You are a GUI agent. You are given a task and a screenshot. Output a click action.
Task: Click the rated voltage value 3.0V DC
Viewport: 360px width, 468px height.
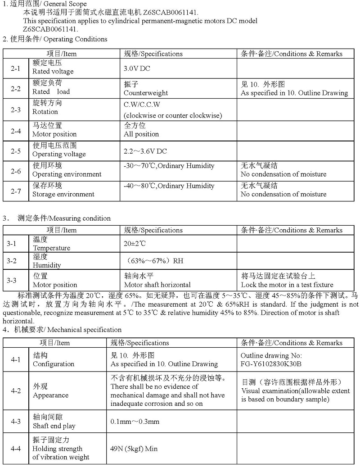pyautogui.click(x=137, y=68)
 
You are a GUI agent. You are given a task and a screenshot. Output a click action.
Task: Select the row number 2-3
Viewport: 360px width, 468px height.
pyautogui.click(x=16, y=110)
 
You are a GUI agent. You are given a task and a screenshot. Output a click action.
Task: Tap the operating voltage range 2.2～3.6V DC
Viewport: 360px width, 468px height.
pyautogui.click(x=145, y=151)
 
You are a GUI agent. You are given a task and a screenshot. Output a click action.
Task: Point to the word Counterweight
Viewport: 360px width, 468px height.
pyautogui.click(x=146, y=93)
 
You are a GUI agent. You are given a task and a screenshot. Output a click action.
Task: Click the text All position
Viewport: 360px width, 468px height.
pyautogui.click(x=141, y=134)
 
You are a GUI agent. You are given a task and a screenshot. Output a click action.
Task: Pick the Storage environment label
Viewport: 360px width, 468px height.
pyautogui.click(x=63, y=194)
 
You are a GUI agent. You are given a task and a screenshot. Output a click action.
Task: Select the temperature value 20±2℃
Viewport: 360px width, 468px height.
pyautogui.click(x=135, y=243)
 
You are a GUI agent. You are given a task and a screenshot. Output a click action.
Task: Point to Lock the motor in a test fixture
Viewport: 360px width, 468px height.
pyautogui.click(x=287, y=285)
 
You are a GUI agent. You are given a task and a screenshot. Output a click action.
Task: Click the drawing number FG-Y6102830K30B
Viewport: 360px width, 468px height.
pyautogui.click(x=271, y=363)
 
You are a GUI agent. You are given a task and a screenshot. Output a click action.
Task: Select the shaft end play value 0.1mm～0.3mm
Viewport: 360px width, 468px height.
pyautogui.click(x=135, y=422)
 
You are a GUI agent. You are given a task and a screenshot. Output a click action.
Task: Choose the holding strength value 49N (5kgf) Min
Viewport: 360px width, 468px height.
pyautogui.click(x=134, y=449)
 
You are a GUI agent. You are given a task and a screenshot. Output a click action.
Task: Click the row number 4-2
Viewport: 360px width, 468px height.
pyautogui.click(x=16, y=391)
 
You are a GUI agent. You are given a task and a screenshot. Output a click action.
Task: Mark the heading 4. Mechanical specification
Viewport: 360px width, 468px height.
pyautogui.click(x=62, y=330)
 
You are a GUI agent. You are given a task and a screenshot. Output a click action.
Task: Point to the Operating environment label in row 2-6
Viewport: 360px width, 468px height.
pyautogui.click(x=67, y=174)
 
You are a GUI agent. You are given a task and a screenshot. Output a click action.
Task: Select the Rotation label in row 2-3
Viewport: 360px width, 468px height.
pyautogui.click(x=45, y=112)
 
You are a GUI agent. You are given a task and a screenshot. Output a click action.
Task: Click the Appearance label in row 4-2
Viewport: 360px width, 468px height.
pyautogui.click(x=50, y=395)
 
